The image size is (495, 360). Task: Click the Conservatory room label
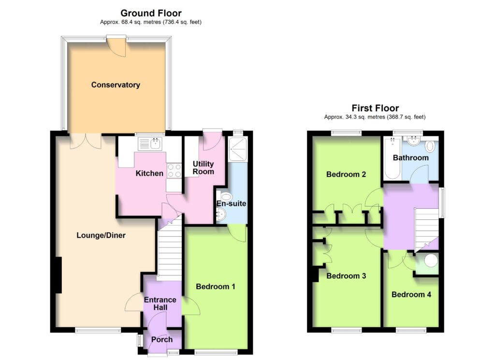coord(116,85)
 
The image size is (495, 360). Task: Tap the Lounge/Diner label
coord(101,235)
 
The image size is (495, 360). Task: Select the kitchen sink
coord(150,144)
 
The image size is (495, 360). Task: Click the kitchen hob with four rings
coord(174,171)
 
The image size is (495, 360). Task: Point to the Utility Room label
coord(204,168)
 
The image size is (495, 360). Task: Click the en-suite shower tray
coord(238,149)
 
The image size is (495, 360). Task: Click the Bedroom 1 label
coord(216,287)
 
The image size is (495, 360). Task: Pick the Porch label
coord(162,340)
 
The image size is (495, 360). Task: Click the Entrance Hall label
coord(160,303)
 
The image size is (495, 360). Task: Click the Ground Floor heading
coord(151,13)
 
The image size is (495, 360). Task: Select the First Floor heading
coord(375,108)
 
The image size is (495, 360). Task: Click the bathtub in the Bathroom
coord(393,158)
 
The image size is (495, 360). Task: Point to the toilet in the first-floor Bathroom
coord(430,146)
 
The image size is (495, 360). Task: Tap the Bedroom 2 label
coord(346,174)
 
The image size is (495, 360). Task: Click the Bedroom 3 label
coord(346,276)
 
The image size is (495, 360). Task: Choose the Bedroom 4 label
coord(411,295)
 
